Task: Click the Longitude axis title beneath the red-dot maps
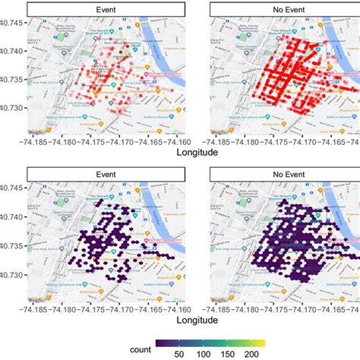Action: point(194,152)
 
